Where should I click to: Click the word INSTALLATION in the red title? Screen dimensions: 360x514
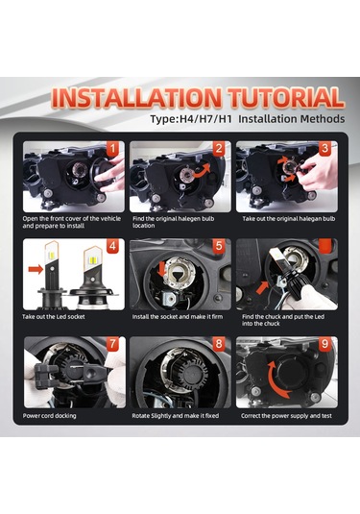pyautogui.click(x=136, y=98)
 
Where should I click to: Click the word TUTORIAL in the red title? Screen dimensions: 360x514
pyautogui.click(x=286, y=98)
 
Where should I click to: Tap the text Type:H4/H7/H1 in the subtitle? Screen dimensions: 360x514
pyautogui.click(x=191, y=119)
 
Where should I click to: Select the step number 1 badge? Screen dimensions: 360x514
pyautogui.click(x=113, y=149)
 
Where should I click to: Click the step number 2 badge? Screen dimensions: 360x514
pyautogui.click(x=219, y=149)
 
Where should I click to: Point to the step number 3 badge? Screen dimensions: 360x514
pyautogui.click(x=325, y=149)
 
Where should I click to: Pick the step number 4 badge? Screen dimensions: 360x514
pyautogui.click(x=113, y=246)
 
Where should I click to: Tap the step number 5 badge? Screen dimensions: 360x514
pyautogui.click(x=219, y=246)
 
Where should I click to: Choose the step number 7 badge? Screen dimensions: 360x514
pyautogui.click(x=113, y=344)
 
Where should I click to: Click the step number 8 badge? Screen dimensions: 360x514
pyautogui.click(x=219, y=344)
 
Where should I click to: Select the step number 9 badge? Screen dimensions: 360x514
pyautogui.click(x=325, y=344)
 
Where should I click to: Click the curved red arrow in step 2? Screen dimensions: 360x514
pyautogui.click(x=202, y=172)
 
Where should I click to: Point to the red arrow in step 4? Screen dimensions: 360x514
pyautogui.click(x=36, y=270)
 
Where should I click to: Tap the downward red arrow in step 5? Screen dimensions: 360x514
pyautogui.click(x=162, y=269)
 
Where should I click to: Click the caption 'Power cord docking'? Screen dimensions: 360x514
pyautogui.click(x=50, y=416)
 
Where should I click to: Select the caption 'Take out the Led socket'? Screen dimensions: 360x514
pyautogui.click(x=54, y=317)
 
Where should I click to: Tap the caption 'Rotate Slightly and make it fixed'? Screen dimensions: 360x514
pyautogui.click(x=176, y=416)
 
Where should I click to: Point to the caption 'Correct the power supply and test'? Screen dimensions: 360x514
pyautogui.click(x=286, y=416)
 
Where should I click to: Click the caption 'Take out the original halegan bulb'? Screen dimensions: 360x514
pyautogui.click(x=289, y=219)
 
